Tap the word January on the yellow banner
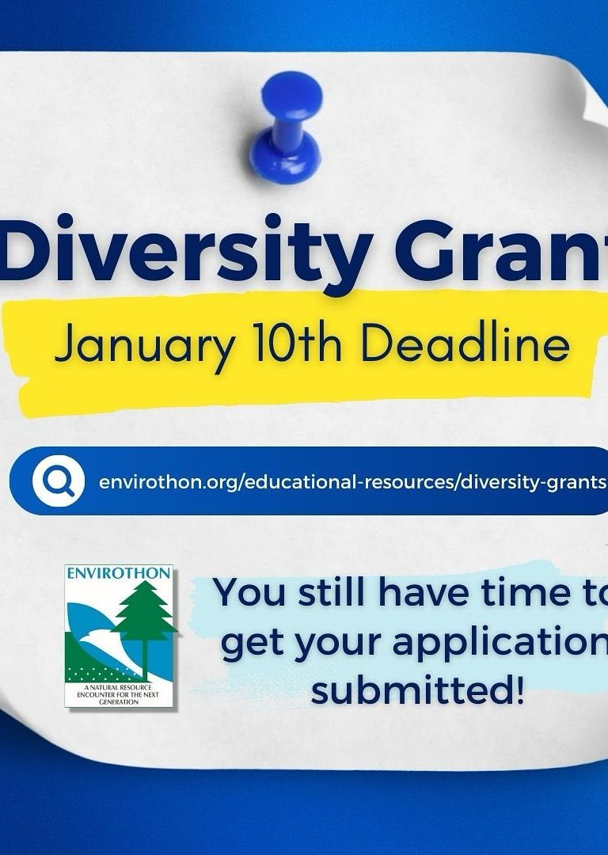146,345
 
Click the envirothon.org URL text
352,483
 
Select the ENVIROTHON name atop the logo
118,573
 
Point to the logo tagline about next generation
118,695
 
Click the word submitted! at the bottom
418,690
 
